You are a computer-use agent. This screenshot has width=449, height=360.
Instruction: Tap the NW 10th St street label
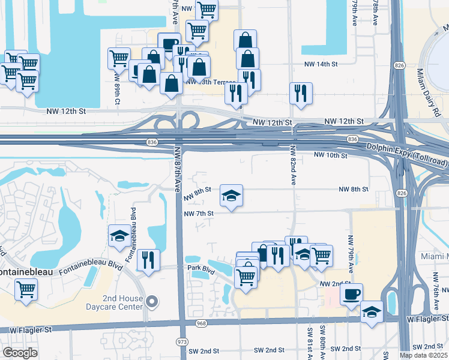(x=331, y=155)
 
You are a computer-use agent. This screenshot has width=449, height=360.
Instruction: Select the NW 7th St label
(x=199, y=213)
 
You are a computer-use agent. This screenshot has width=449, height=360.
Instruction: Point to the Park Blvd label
(x=200, y=269)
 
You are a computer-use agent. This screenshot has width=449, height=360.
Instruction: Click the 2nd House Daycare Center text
(x=123, y=302)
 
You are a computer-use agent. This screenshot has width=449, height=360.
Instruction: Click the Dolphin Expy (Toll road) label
(x=408, y=155)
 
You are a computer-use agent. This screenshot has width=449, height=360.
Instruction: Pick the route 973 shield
(x=181, y=341)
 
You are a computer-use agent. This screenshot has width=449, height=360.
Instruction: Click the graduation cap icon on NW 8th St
(x=231, y=196)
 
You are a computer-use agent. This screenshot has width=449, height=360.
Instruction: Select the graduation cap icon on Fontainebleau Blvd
(x=119, y=236)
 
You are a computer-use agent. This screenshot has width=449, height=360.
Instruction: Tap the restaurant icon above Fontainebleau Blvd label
(x=148, y=260)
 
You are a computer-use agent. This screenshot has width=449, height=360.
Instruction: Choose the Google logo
(x=20, y=353)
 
